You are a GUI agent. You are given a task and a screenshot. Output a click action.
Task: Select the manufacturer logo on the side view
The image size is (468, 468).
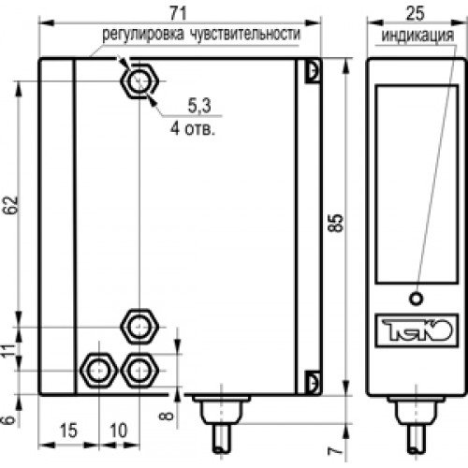coord(413,330)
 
